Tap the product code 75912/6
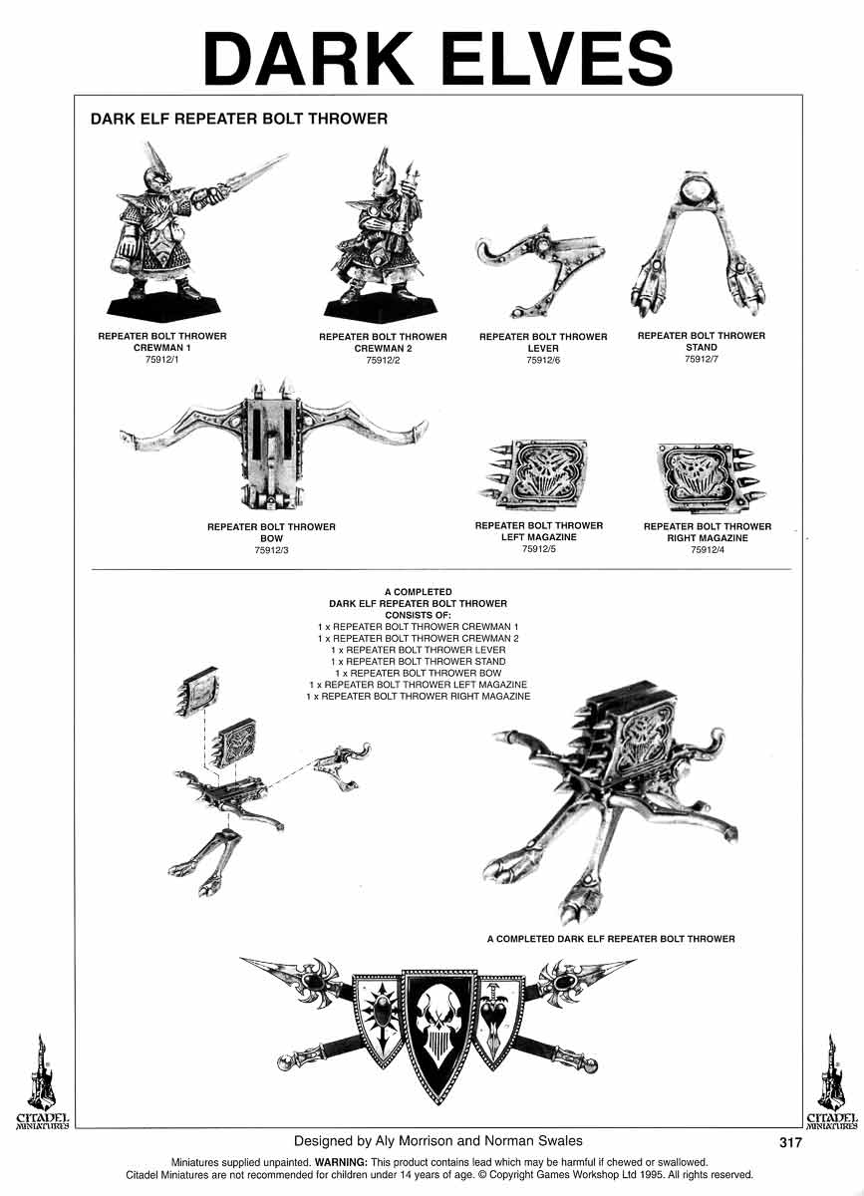pos(543,360)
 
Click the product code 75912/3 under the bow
pos(271,550)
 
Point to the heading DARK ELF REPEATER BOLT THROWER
pos(238,119)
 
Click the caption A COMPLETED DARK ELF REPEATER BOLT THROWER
pos(611,939)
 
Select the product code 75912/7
pos(702,359)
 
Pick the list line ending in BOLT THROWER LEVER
pos(418,650)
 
